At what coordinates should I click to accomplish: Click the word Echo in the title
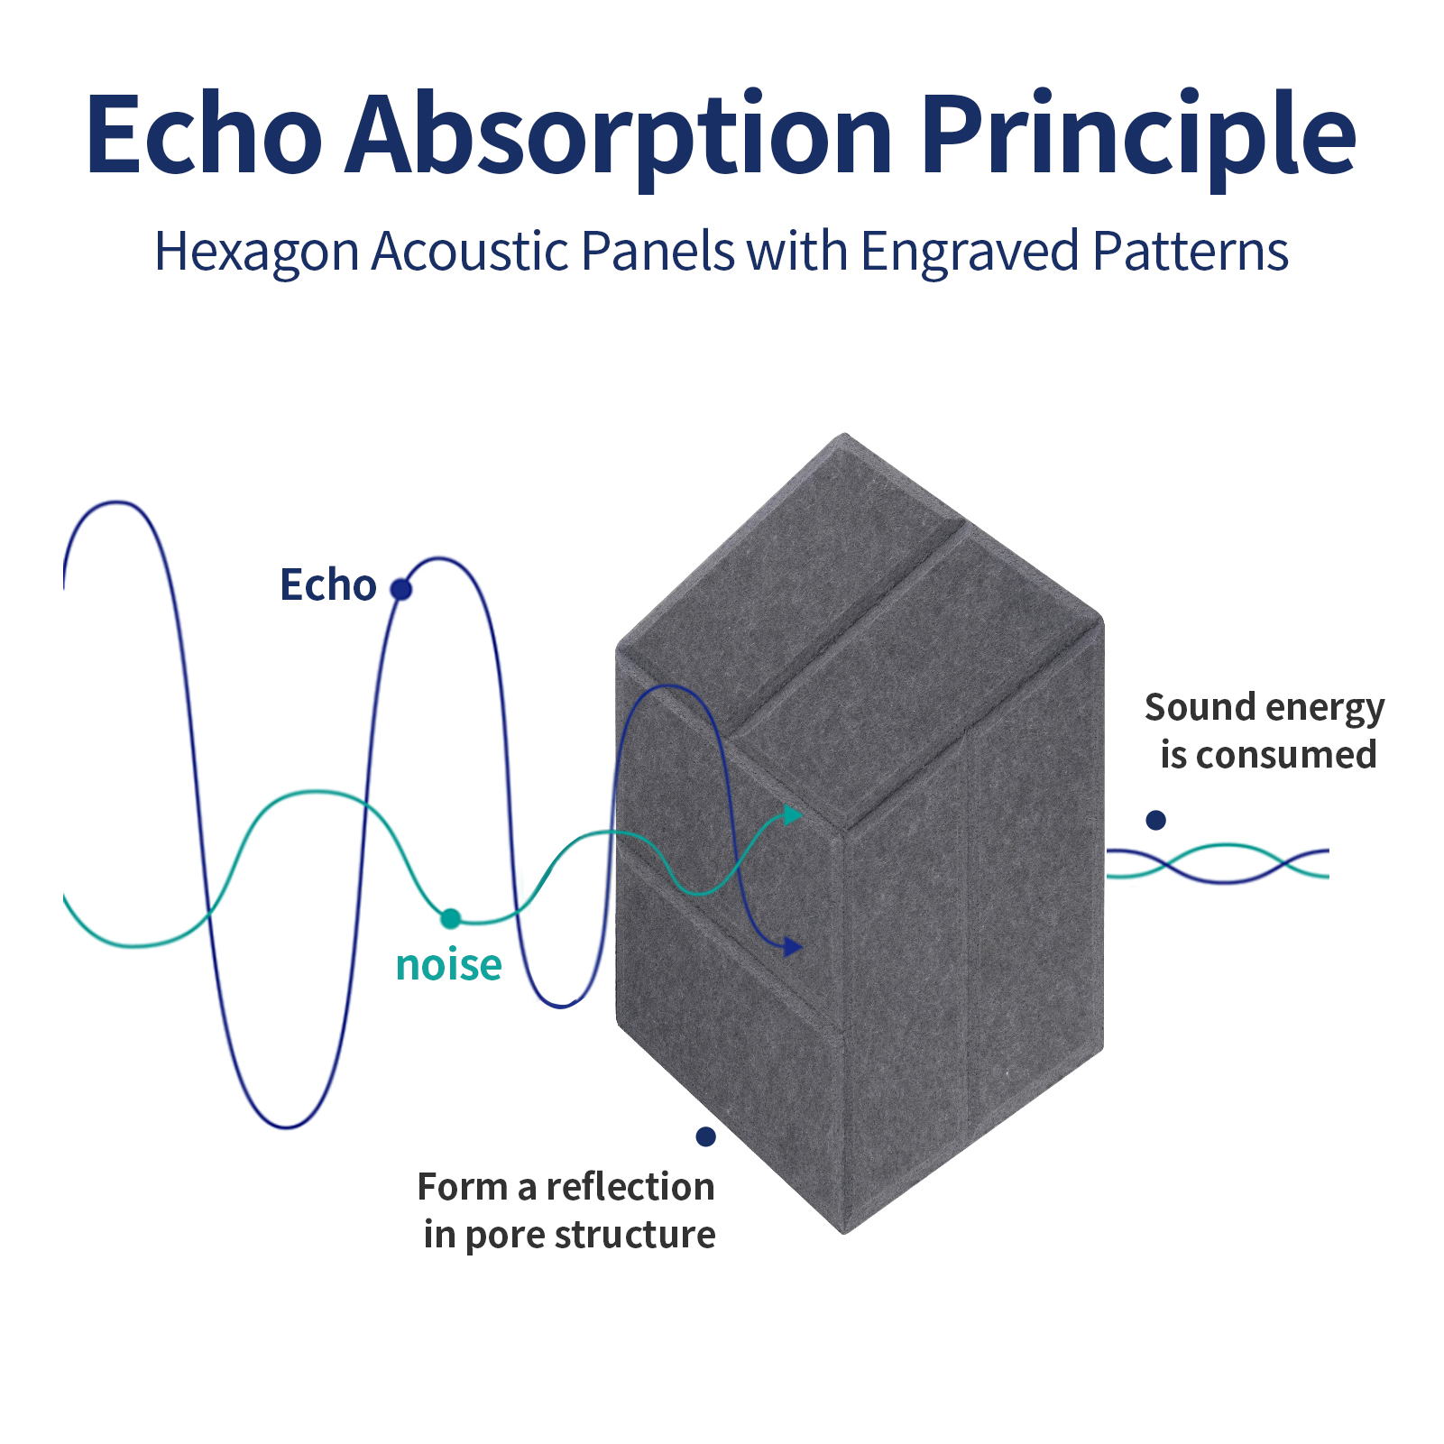coord(204,133)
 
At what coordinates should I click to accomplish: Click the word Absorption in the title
coord(619,140)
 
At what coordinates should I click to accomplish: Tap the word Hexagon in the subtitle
coord(257,253)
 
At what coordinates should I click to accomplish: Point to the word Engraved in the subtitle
coord(970,253)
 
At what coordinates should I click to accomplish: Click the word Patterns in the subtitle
coord(1191,251)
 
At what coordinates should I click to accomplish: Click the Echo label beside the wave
coord(327,584)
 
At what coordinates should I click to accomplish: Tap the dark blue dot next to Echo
coord(401,590)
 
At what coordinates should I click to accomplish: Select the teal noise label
coord(448,964)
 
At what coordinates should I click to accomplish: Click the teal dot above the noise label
coord(450,919)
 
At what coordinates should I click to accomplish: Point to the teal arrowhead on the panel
coord(792,815)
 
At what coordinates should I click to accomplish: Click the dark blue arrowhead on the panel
coord(793,946)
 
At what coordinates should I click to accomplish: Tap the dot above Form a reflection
coord(706,1136)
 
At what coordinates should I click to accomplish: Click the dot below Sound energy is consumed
coord(1156,820)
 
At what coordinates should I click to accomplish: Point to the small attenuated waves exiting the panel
coord(1218,863)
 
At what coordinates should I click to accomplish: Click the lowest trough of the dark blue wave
coord(287,1127)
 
